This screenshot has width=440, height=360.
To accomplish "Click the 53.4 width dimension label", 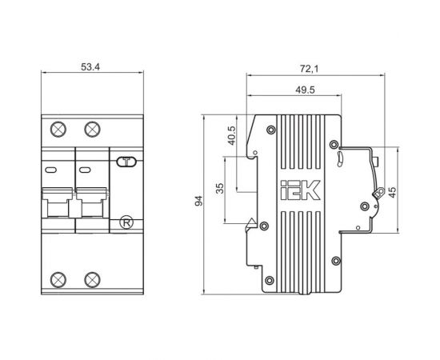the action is [x=90, y=67].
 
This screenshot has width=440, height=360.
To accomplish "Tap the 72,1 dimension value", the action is [x=310, y=69].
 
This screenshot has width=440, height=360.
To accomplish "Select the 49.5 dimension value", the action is [x=305, y=90].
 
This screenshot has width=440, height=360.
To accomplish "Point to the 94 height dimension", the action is [x=198, y=201].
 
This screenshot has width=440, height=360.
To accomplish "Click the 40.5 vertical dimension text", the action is [x=232, y=135].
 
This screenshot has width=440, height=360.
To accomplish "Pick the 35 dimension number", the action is [x=220, y=188].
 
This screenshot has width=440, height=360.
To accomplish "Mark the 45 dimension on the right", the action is [x=392, y=192].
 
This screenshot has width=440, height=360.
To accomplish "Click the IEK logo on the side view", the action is [x=300, y=190].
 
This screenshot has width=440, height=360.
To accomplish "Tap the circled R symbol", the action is [x=126, y=222].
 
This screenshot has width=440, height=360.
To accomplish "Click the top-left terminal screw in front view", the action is [x=58, y=129].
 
